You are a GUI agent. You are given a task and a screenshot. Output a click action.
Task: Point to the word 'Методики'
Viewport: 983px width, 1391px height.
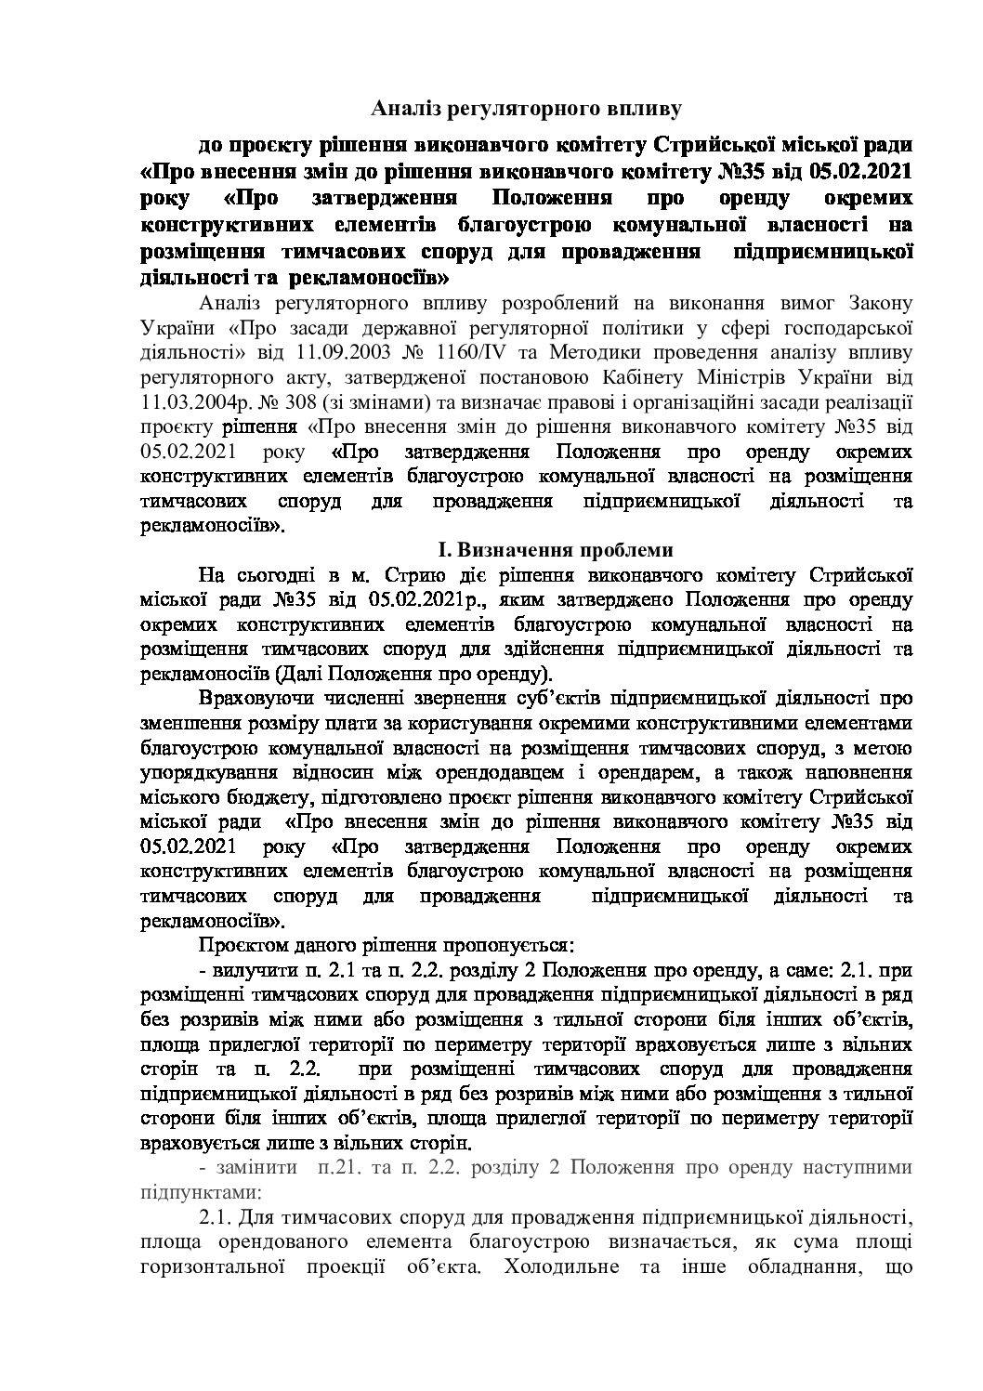click(x=591, y=353)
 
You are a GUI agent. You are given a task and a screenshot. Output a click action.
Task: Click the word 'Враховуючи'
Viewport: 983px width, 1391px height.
click(x=250, y=698)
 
